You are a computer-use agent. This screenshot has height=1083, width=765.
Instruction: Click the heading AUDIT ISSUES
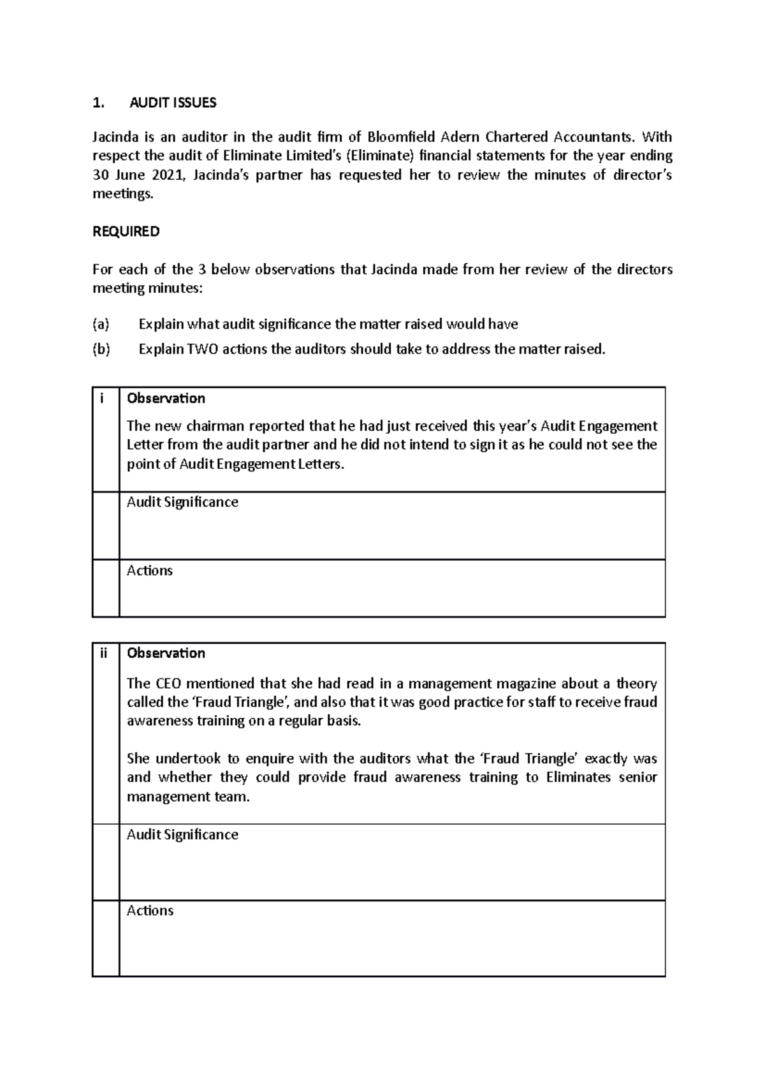click(x=173, y=103)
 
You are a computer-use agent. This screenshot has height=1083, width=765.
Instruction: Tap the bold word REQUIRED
click(x=126, y=232)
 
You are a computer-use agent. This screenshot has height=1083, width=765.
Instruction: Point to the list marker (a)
click(x=101, y=325)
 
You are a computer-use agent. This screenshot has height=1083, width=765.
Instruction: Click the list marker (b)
click(x=101, y=350)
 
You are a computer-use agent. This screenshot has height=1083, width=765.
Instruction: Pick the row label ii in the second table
click(x=103, y=653)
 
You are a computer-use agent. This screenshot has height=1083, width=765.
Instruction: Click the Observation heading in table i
click(x=166, y=399)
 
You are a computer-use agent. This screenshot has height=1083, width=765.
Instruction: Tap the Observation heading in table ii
click(x=166, y=653)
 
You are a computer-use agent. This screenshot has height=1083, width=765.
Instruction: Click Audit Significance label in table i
click(x=182, y=503)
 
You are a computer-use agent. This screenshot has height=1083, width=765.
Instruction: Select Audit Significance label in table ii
click(x=182, y=835)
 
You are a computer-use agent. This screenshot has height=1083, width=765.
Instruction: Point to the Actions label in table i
click(x=150, y=571)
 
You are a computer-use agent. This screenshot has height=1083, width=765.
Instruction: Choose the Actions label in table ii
click(x=150, y=911)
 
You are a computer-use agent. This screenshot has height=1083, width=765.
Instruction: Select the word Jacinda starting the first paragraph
click(x=114, y=137)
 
